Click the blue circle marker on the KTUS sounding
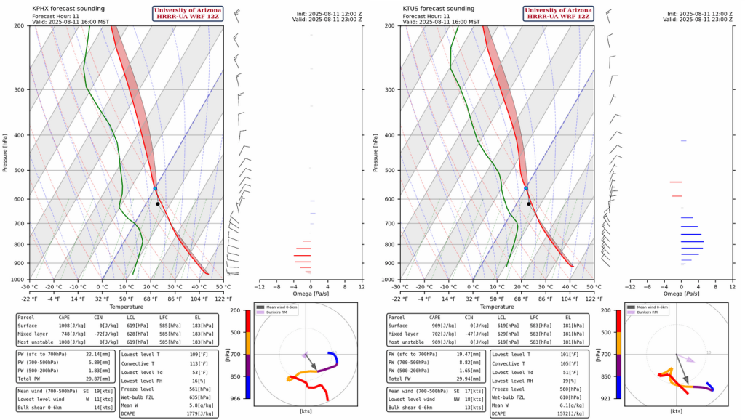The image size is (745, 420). [526, 188]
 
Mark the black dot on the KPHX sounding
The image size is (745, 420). [157, 204]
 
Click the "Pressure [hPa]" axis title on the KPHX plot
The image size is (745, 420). [5, 153]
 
